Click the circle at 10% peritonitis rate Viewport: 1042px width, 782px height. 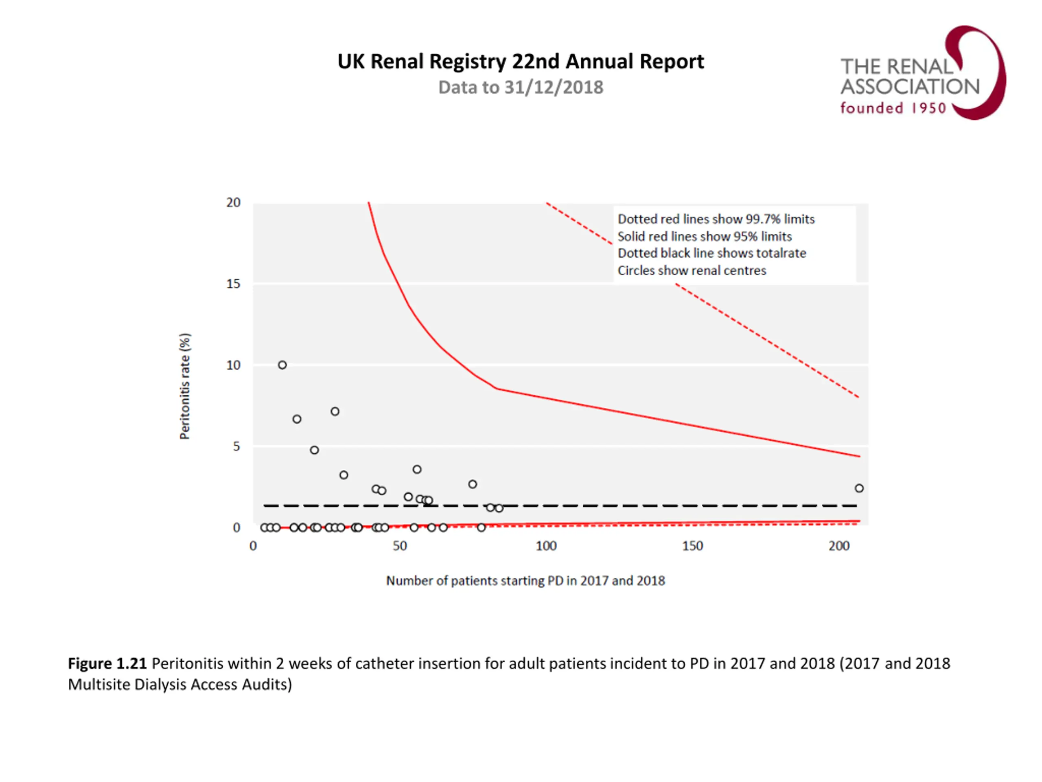coord(282,365)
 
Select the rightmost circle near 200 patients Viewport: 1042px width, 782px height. coord(859,488)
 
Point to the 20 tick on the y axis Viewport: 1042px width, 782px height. coord(233,203)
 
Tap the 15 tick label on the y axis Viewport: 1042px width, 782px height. coord(233,284)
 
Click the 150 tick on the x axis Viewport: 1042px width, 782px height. coord(692,546)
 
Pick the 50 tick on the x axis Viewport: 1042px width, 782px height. coord(399,546)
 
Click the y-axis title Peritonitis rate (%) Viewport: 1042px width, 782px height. coord(185,387)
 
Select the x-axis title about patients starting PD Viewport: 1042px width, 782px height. coord(525,581)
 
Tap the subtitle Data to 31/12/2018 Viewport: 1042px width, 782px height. coord(521,88)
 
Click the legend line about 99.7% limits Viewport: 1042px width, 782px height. coord(716,219)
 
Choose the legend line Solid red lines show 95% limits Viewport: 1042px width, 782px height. coord(704,237)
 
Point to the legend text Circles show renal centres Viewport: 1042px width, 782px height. coord(692,270)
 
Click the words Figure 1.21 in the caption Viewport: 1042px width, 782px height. coord(107,664)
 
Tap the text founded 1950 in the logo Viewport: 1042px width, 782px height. coord(893,108)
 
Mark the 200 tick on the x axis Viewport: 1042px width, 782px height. coord(839,546)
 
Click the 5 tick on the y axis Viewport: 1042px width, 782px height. coord(236,446)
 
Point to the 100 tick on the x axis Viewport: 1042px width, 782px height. coord(546,546)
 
